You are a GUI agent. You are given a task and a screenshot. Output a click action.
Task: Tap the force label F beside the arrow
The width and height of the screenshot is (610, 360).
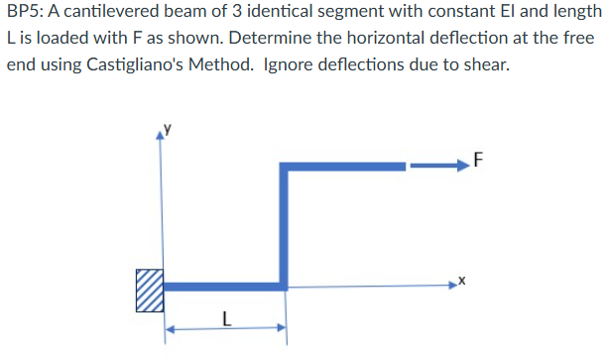coord(479,159)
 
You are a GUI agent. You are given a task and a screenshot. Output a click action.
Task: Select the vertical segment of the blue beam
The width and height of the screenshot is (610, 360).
coord(284,228)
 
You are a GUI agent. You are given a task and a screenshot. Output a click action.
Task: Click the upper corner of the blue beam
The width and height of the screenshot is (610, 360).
coord(284,168)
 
